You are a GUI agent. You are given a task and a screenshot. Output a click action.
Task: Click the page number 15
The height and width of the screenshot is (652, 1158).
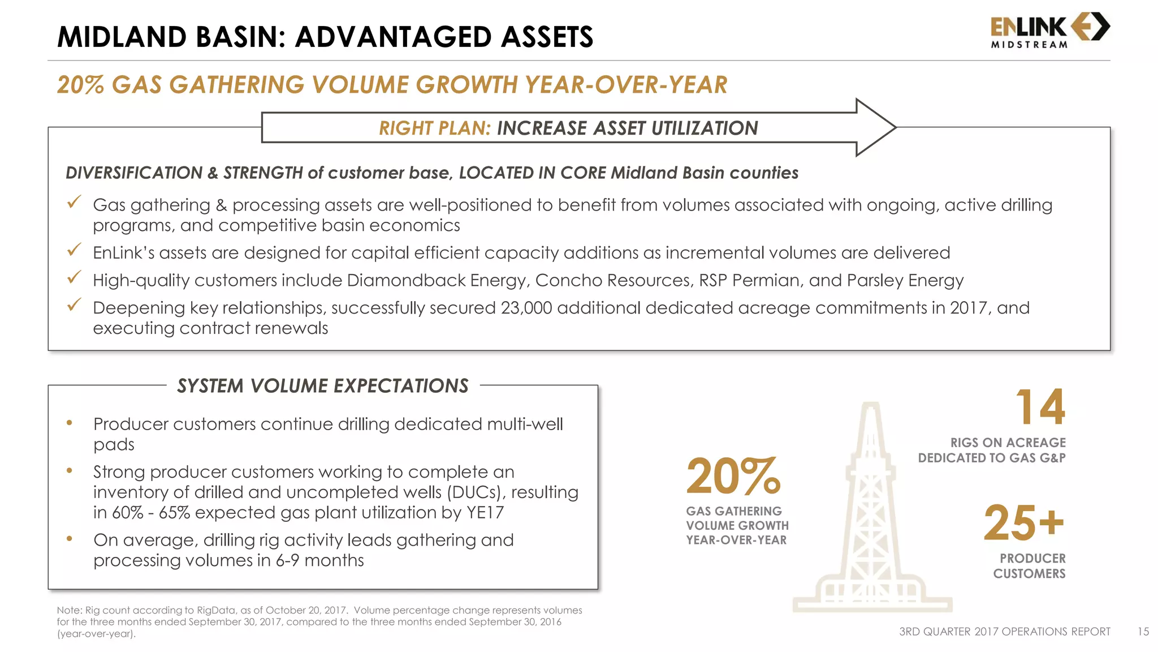tap(1143, 632)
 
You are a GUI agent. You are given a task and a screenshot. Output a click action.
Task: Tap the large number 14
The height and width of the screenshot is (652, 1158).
tap(1040, 407)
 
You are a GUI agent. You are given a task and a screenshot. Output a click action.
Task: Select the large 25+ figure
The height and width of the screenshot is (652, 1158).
tap(1024, 523)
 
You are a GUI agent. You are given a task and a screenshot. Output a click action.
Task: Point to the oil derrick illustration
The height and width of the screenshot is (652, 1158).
tap(872, 509)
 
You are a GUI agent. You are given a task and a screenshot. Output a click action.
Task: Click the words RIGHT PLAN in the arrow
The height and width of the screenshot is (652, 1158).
tap(434, 128)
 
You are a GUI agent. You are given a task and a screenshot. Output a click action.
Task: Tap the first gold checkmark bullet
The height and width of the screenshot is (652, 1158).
tap(74, 202)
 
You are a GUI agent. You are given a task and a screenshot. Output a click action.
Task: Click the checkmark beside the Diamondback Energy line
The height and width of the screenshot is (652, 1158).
tap(74, 277)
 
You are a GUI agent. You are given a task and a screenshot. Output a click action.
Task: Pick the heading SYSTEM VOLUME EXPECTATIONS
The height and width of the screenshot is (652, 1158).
tap(323, 386)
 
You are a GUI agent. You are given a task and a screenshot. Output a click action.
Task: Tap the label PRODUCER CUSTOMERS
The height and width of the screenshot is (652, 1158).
tap(1029, 566)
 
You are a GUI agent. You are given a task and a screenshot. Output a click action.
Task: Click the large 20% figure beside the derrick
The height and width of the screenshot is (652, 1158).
tap(733, 477)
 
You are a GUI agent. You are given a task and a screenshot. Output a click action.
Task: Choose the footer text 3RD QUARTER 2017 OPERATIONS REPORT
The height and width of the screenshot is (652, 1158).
tap(1004, 632)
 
